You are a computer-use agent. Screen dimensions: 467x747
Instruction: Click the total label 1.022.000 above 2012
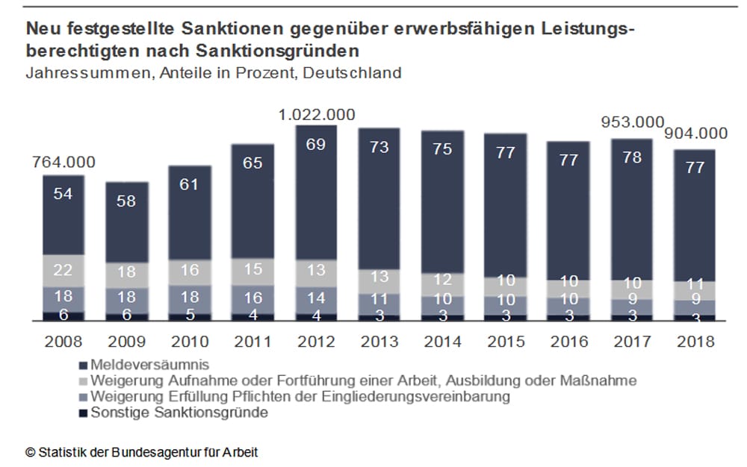(x=316, y=116)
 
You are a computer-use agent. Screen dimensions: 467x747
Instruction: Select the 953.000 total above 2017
(x=633, y=122)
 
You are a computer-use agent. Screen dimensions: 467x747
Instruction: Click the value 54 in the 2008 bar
(x=63, y=195)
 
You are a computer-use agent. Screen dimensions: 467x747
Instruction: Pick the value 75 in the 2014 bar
(x=442, y=149)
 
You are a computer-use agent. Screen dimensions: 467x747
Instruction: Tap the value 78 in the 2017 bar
(x=633, y=157)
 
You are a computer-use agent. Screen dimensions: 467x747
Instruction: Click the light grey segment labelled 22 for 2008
(x=63, y=270)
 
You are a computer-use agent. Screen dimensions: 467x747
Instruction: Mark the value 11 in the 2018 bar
(x=696, y=285)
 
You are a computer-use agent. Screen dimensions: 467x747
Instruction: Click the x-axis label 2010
(x=190, y=342)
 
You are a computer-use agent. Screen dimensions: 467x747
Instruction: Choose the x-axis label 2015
(x=506, y=342)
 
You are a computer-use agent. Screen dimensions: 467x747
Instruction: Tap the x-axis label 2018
(x=696, y=342)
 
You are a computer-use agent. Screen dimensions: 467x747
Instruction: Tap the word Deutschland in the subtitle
(x=353, y=73)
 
